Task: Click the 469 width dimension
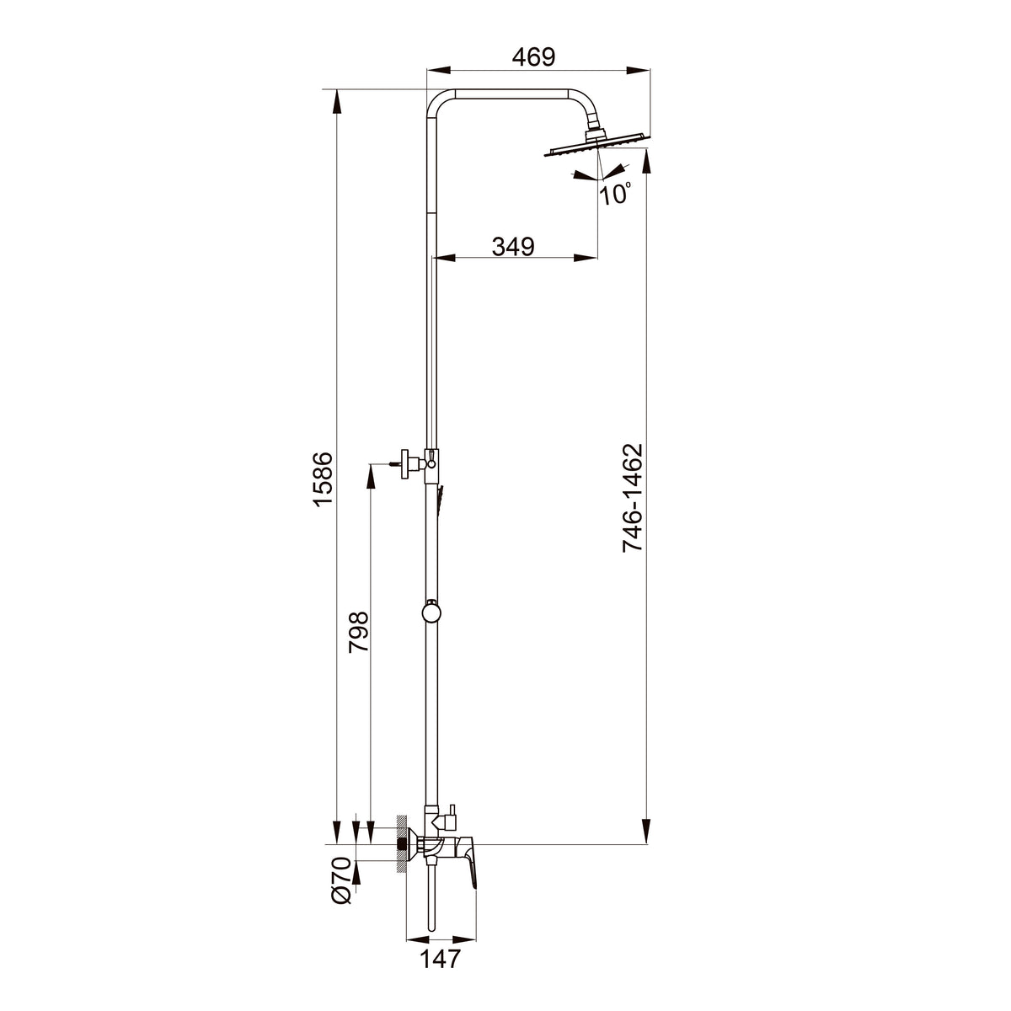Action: pyautogui.click(x=533, y=57)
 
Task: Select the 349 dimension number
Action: pyautogui.click(x=513, y=246)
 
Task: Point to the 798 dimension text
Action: pyautogui.click(x=360, y=632)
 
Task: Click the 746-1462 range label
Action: pyautogui.click(x=632, y=498)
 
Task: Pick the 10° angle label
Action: pyautogui.click(x=615, y=194)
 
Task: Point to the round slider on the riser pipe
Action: pyautogui.click(x=431, y=612)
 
